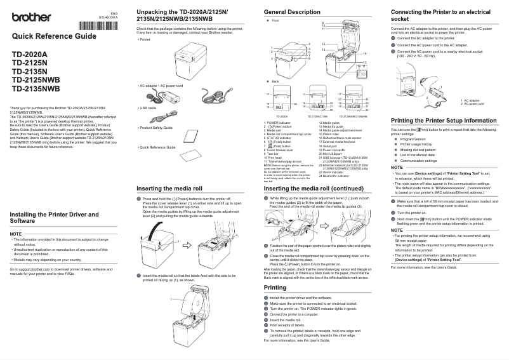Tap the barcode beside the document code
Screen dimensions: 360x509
coord(98,25)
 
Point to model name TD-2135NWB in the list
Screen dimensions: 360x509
coord(36,89)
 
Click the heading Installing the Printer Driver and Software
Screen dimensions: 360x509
coord(54,218)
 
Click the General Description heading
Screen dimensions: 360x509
coord(291,12)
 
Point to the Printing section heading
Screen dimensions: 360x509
coord(275,288)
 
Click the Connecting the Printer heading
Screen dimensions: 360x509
coord(440,15)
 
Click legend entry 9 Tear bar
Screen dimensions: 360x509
coord(272,153)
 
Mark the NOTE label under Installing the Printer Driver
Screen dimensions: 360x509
coord(17,234)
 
